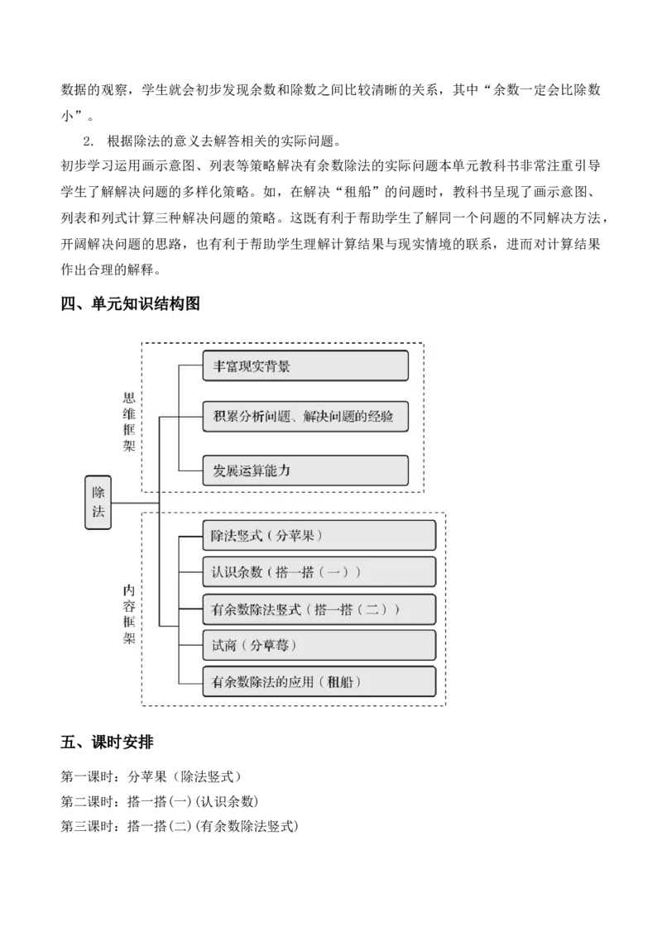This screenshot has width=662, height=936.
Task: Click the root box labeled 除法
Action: pyautogui.click(x=98, y=502)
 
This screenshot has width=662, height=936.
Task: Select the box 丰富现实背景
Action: pyautogui.click(x=305, y=365)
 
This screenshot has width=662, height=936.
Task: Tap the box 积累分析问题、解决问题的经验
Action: pyautogui.click(x=305, y=418)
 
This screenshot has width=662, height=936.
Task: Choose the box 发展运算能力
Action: pyautogui.click(x=305, y=470)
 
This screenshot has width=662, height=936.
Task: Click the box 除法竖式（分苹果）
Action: pyautogui.click(x=319, y=536)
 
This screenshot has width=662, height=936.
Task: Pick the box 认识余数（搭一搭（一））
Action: pyautogui.click(x=319, y=572)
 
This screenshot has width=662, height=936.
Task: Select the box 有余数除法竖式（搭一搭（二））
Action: pyautogui.click(x=319, y=609)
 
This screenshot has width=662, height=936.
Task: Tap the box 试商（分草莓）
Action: pyautogui.click(x=319, y=645)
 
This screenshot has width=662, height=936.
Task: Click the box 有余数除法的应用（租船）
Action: pyautogui.click(x=319, y=682)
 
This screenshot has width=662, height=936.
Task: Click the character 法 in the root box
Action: pyautogui.click(x=98, y=512)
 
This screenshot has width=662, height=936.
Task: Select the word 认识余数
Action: pyautogui.click(x=237, y=572)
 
